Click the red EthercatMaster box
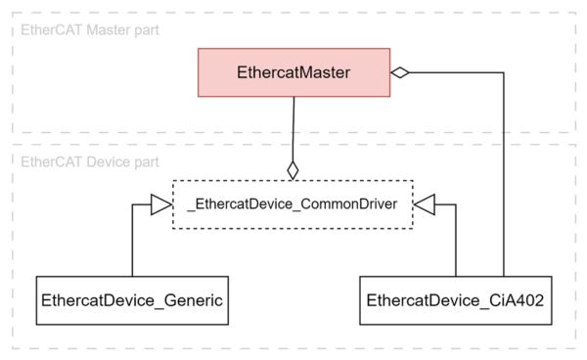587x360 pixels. (293, 73)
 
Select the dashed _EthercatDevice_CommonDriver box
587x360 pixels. (293, 204)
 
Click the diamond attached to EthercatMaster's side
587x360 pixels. (400, 72)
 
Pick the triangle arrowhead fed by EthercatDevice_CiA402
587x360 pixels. (425, 204)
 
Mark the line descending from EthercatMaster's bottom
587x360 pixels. (293, 127)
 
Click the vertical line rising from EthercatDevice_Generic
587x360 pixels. (132, 245)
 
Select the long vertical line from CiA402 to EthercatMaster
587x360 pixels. (504, 176)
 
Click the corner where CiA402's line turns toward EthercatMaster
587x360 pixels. (504, 72)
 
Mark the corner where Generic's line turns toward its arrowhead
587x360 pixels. (132, 204)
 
